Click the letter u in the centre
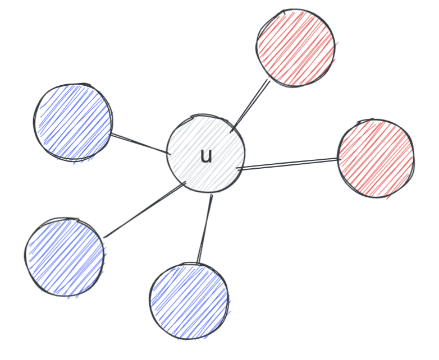click(206, 156)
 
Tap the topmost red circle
click(295, 48)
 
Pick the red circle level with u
click(376, 158)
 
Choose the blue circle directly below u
click(189, 301)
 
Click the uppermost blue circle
click(73, 122)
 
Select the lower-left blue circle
click(65, 257)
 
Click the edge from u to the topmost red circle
click(250, 106)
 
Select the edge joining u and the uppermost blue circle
click(140, 144)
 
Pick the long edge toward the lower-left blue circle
click(145, 210)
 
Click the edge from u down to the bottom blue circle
click(205, 229)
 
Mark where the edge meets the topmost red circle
click(269, 81)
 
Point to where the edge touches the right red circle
click(340, 159)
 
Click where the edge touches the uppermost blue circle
click(111, 134)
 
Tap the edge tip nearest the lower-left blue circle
click(104, 237)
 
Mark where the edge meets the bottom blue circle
click(198, 263)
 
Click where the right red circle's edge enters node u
click(237, 169)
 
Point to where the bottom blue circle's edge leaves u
click(212, 195)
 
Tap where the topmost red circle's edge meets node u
click(231, 132)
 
